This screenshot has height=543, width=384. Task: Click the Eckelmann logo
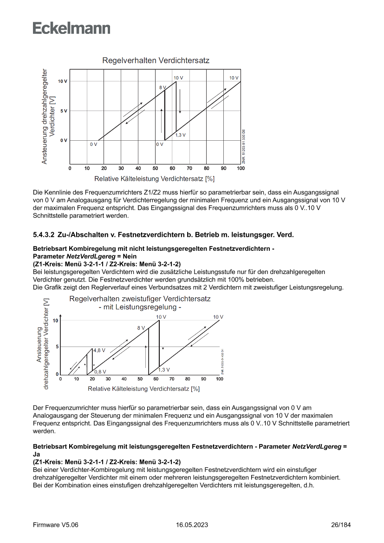tap(72, 28)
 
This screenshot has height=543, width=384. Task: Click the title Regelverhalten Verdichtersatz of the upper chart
tap(156, 61)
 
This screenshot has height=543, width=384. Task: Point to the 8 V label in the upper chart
tap(163, 87)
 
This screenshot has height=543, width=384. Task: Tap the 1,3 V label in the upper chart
tap(180, 135)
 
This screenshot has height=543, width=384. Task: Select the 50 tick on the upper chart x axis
tap(156, 168)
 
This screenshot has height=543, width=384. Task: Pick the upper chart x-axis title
tap(154, 178)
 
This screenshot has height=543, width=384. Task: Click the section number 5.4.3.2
tap(44, 235)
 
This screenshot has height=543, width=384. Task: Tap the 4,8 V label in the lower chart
tap(99, 350)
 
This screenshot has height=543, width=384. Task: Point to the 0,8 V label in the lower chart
tap(100, 372)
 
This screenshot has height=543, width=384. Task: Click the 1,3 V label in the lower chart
tap(164, 370)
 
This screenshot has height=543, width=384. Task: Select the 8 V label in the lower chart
tap(141, 328)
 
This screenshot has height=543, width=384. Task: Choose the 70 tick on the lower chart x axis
tap(172, 379)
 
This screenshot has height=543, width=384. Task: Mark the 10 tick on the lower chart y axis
tap(56, 321)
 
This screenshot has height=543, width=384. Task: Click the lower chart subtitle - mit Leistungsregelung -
tap(140, 307)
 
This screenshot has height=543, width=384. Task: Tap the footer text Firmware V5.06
tap(56, 525)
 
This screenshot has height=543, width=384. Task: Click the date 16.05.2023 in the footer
tap(192, 525)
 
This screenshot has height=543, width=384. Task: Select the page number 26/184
tap(341, 525)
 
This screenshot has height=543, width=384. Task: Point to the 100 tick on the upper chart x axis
tap(241, 168)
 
